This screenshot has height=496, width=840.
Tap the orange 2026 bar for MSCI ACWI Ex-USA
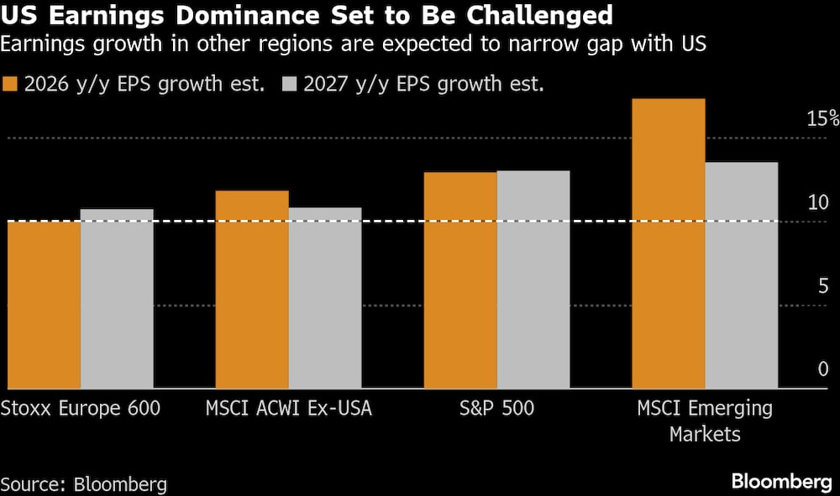tap(252, 289)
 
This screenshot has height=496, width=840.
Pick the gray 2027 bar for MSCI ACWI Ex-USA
tap(325, 297)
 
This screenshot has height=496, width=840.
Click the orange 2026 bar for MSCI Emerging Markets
tap(669, 243)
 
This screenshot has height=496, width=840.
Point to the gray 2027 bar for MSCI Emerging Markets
tap(742, 274)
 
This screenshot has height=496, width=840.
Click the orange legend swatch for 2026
tap(11, 84)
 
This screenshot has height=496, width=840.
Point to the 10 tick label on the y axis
tap(817, 202)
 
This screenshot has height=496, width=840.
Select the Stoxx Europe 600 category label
tap(81, 410)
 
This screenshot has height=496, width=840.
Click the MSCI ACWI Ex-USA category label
tap(288, 410)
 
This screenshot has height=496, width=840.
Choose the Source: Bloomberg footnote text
tap(84, 484)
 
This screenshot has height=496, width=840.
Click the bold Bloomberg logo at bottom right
tap(781, 482)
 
